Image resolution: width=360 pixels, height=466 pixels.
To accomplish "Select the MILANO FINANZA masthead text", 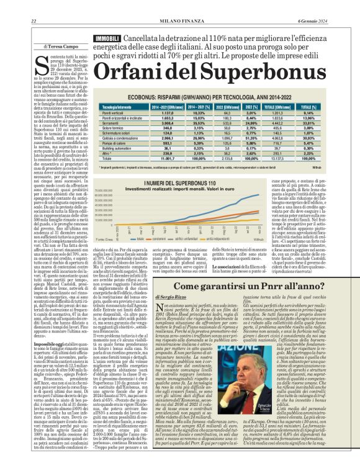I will pyautogui.click(x=180, y=5).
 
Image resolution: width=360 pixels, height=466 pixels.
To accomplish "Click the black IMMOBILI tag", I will pyautogui.click(x=107, y=22).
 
